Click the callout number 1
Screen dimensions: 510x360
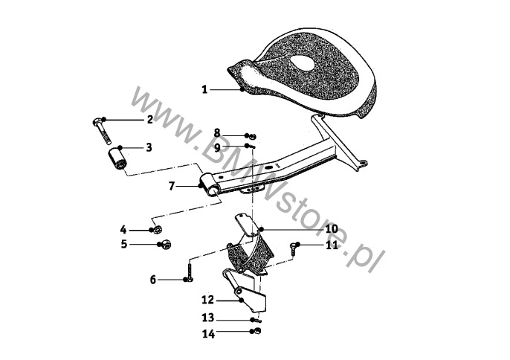[x=204, y=89]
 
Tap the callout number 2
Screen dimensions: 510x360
[x=149, y=120]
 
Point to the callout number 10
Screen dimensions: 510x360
[x=332, y=229]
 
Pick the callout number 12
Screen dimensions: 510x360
[x=208, y=300]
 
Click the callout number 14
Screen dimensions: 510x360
[x=208, y=334]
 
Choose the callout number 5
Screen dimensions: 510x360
[x=124, y=244]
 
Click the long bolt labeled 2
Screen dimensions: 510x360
[x=101, y=131]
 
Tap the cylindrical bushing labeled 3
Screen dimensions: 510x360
[x=117, y=159]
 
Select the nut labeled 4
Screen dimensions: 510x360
[x=158, y=230]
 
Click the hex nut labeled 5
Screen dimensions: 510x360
[x=166, y=245]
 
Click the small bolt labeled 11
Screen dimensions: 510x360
[x=294, y=248]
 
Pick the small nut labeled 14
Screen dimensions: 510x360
[x=257, y=331]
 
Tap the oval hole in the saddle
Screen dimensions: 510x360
[x=302, y=62]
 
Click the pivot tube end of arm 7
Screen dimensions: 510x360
[x=210, y=186]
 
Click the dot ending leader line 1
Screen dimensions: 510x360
[x=242, y=89]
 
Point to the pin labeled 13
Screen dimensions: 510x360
[x=257, y=321]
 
